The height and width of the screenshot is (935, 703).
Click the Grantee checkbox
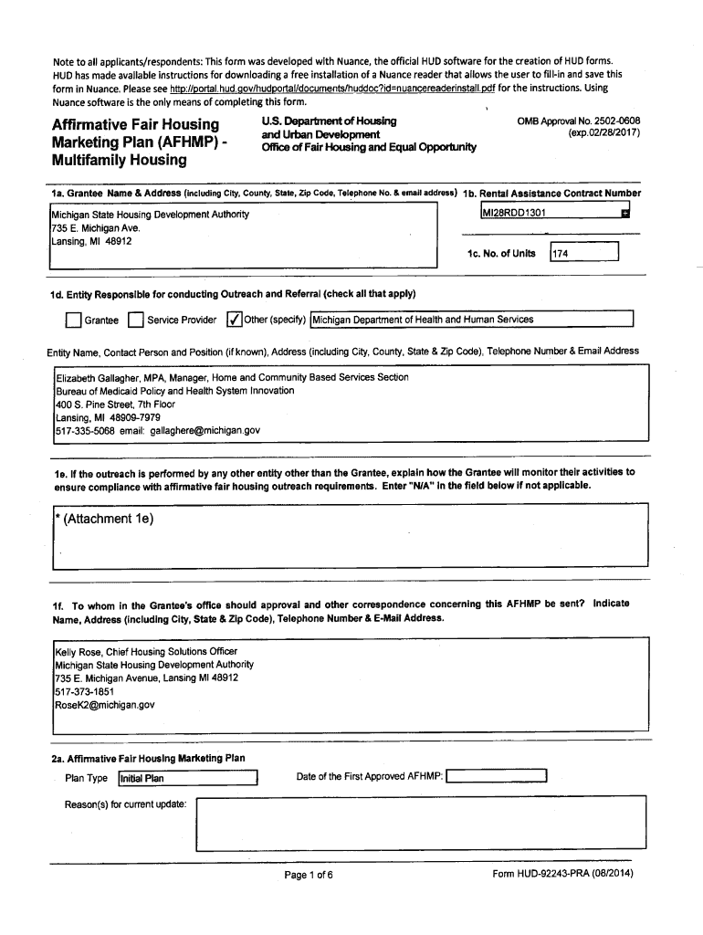[73, 320]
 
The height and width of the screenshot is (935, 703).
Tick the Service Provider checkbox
[135, 320]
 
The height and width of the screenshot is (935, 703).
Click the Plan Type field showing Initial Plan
[187, 779]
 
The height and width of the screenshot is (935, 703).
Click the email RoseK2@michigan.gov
[104, 705]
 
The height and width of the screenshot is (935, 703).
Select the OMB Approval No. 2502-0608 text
[579, 121]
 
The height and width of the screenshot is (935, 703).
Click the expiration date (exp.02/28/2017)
[603, 133]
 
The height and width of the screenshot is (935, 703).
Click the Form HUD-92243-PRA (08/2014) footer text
[561, 874]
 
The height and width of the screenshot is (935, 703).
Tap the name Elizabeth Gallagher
[100, 377]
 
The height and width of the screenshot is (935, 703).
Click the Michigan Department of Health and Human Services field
[471, 320]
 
